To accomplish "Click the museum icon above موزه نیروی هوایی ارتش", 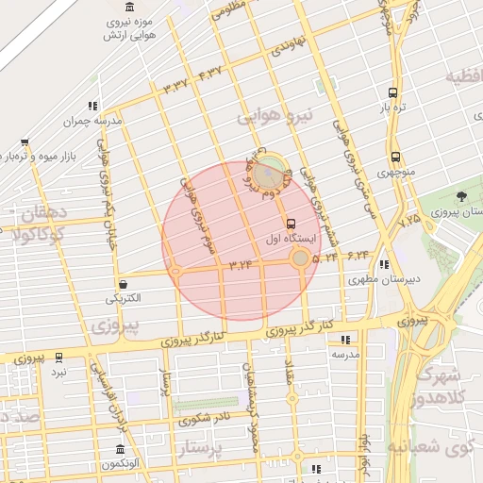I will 125,8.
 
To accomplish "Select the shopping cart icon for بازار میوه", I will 24,144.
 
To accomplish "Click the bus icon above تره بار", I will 393,92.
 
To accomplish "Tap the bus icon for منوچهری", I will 394,158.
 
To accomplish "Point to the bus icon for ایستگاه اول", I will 290,225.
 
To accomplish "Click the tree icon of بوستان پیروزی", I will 460,196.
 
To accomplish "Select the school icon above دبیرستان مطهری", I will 382,264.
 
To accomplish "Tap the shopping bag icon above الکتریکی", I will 124,283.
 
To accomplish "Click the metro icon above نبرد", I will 59,358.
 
